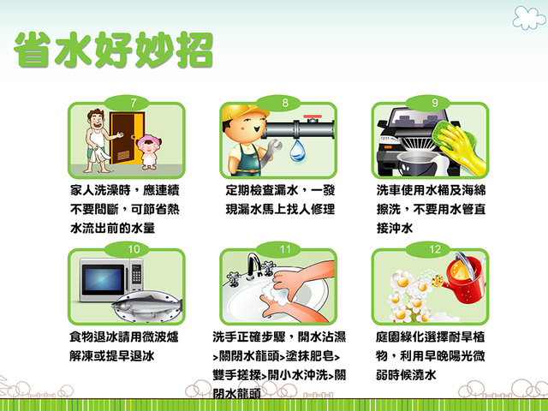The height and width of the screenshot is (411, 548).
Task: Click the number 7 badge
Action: click(134, 103)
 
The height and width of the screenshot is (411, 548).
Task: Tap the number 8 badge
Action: click(284, 103)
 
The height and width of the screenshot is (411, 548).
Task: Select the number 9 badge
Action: click(435, 103)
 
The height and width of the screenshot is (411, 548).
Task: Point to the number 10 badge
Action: click(134, 249)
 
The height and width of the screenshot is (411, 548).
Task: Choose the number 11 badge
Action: click(284, 249)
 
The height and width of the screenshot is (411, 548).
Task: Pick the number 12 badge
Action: click(435, 249)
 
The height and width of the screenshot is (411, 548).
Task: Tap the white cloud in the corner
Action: click(528, 16)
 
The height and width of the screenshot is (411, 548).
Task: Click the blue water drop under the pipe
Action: click(298, 152)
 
